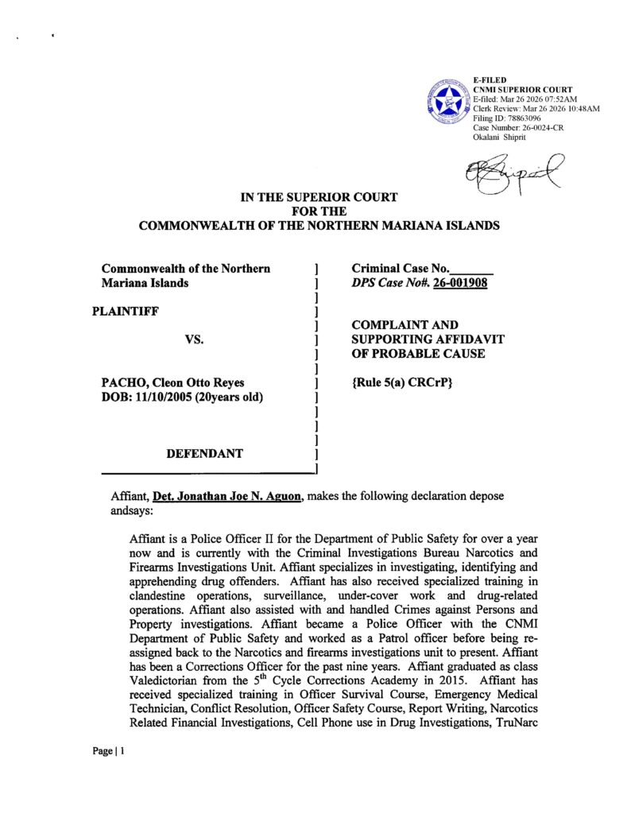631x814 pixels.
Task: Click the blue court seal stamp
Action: [449, 101]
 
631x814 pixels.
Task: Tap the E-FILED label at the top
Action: [489, 80]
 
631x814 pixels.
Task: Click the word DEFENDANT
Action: [204, 453]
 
